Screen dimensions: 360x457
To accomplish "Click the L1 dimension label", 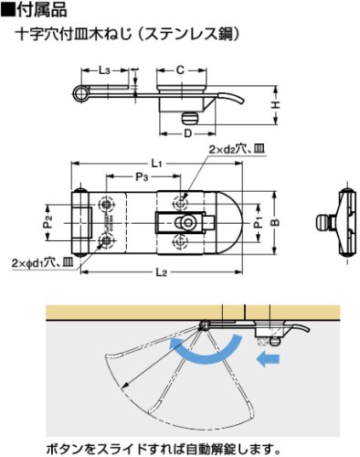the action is [x=156, y=164].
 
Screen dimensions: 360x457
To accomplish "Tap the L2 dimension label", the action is [x=162, y=272].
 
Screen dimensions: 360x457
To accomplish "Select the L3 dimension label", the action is [x=104, y=70].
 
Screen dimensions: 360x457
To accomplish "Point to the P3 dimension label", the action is [x=142, y=176].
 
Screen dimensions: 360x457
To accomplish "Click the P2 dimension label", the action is [x=48, y=222].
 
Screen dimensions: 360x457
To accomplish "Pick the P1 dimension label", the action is [x=259, y=222].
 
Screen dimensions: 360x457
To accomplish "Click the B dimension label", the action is [x=275, y=223].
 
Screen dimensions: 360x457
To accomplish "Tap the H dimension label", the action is [x=276, y=105].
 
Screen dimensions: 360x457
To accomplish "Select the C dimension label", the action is [x=181, y=70].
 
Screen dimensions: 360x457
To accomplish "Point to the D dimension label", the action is [x=188, y=133].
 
